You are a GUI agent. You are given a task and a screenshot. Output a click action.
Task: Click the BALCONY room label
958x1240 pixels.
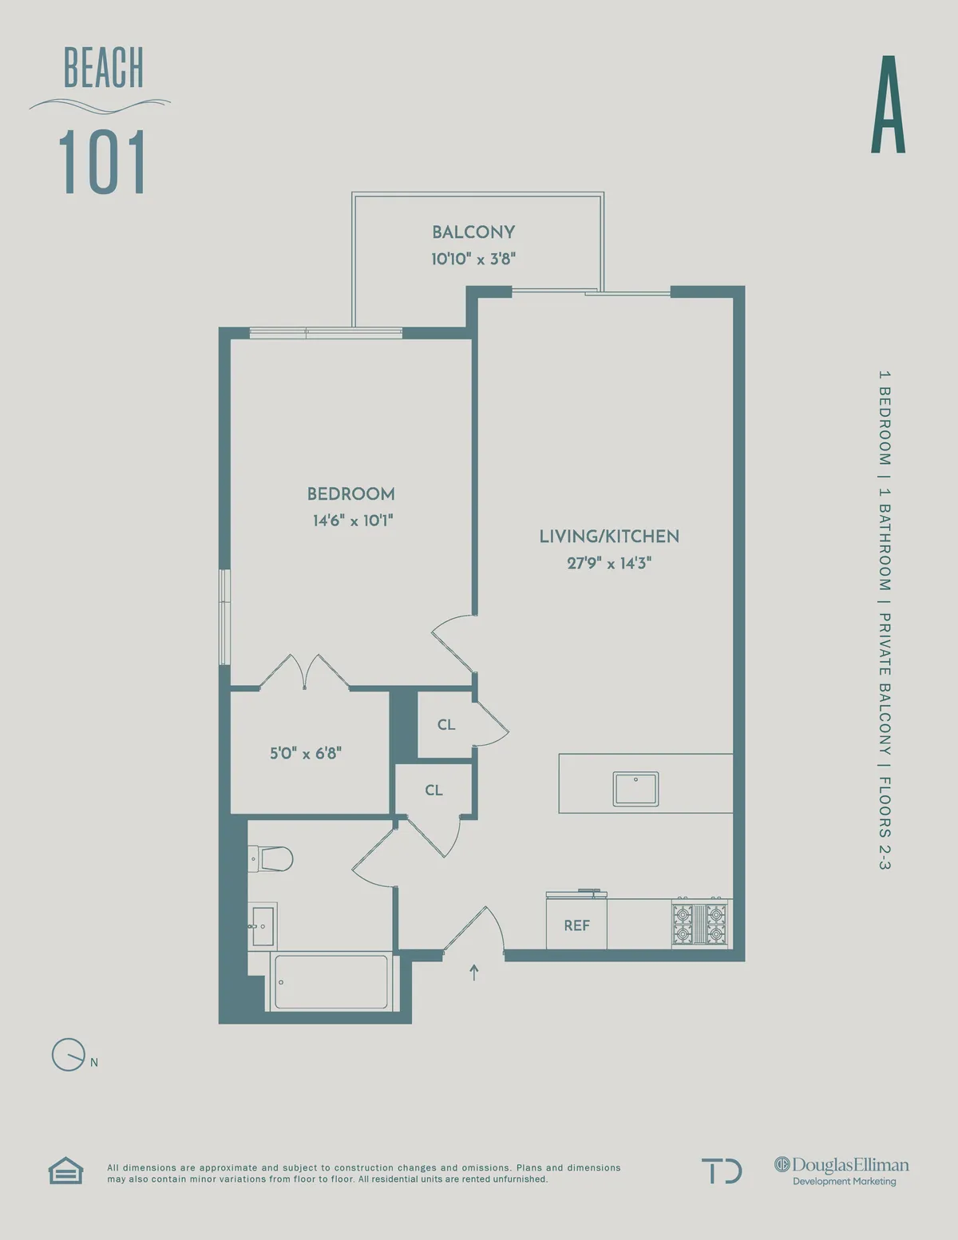(473, 232)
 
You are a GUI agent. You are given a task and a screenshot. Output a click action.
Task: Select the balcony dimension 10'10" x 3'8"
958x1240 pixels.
(473, 259)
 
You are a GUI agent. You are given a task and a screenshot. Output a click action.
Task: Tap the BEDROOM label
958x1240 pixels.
(350, 494)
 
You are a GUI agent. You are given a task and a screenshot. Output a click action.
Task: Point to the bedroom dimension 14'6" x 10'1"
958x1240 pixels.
(352, 521)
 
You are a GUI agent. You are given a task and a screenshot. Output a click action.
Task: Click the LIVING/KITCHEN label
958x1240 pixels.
(609, 537)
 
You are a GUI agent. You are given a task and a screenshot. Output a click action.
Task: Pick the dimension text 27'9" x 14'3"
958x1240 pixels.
(609, 563)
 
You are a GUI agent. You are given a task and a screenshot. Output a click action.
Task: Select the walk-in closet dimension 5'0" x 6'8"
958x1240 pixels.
(305, 753)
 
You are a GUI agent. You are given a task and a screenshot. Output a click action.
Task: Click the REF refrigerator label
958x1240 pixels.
(576, 925)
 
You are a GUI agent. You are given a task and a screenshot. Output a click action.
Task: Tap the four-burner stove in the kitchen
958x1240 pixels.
(700, 923)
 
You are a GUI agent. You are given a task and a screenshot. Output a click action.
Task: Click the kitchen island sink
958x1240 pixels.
(635, 789)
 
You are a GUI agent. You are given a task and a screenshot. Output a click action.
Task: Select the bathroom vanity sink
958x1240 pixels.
(262, 926)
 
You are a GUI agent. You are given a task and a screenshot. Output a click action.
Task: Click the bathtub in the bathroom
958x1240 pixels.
(331, 981)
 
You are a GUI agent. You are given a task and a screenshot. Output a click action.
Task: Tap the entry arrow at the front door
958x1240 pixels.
(474, 972)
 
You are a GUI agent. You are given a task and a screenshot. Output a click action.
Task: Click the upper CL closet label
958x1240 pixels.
(446, 725)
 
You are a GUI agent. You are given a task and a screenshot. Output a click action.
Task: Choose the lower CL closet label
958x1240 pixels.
(433, 790)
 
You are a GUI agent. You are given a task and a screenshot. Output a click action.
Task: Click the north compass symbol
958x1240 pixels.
(69, 1055)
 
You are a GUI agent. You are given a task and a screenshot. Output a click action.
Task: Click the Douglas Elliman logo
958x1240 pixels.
(841, 1171)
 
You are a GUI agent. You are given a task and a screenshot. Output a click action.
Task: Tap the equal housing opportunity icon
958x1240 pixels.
(65, 1171)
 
